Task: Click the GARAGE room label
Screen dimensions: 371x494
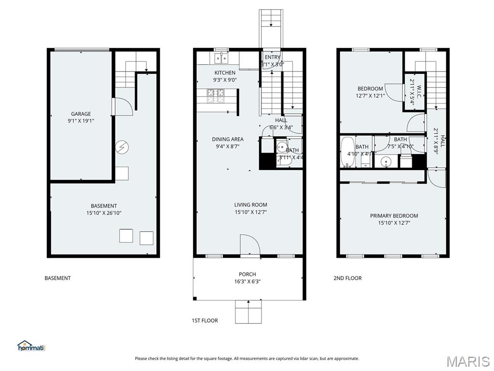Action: (81, 114)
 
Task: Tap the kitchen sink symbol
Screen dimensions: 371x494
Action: (221, 58)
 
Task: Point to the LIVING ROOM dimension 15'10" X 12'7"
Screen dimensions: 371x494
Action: (250, 212)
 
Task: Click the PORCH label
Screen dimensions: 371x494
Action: (247, 274)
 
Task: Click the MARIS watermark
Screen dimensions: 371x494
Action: (468, 361)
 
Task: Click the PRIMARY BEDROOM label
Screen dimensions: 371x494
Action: (394, 216)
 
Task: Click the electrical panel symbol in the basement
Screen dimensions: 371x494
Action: (120, 145)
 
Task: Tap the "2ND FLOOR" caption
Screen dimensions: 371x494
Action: (347, 278)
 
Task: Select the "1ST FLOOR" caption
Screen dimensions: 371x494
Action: (205, 320)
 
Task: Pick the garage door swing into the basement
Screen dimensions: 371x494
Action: (123, 106)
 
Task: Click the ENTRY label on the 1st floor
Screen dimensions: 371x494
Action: (273, 57)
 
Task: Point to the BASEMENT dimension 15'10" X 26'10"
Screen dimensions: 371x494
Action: (104, 213)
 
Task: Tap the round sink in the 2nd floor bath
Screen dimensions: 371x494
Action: (385, 161)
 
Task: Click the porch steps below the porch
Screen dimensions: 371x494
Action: (248, 312)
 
